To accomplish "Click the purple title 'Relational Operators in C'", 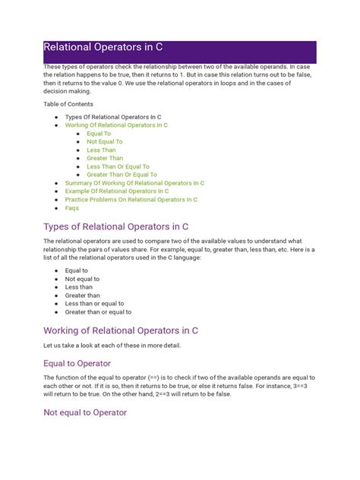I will click(103, 47).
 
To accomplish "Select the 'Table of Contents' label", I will click(67, 102).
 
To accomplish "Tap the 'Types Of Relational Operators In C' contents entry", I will click(112, 117).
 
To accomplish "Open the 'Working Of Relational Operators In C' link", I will click(116, 125).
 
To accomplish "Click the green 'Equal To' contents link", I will click(99, 134).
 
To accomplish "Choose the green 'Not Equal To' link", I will click(104, 141).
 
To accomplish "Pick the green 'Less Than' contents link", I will click(101, 150).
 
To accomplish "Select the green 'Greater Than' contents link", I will click(105, 158).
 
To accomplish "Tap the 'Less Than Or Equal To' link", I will click(118, 166).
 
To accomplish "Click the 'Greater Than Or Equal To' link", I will click(122, 175).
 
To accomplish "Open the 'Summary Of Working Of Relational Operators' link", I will click(134, 183).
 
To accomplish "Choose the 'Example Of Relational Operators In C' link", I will click(117, 191).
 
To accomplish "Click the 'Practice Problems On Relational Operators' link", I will click(131, 200).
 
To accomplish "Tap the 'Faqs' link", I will click(72, 207).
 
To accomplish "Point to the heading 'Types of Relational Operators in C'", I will click(115, 226).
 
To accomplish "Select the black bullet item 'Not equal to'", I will click(82, 279).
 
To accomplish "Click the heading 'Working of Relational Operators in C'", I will click(121, 330).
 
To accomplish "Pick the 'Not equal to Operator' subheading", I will click(85, 412).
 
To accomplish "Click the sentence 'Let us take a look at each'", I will click(112, 346).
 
